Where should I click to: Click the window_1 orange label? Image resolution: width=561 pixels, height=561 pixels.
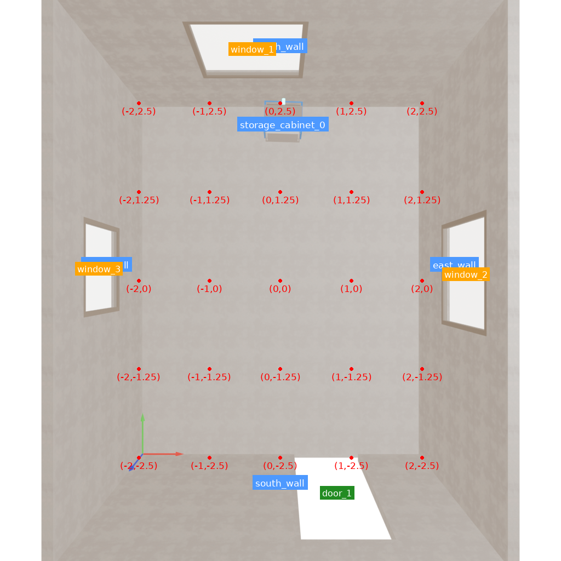point(252,49)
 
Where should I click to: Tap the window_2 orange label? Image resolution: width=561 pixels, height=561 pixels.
point(466,274)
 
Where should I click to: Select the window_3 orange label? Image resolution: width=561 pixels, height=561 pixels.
point(99,269)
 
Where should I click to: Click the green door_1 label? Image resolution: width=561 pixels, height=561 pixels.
point(337,493)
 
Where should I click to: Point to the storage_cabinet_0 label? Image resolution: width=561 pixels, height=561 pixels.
point(283,125)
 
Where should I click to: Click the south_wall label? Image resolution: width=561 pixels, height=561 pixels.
point(280,483)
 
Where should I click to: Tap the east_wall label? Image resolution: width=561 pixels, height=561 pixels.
point(454,264)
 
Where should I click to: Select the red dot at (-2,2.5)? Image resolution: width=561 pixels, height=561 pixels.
point(139,103)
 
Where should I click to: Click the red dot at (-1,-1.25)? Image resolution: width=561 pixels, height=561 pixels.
point(209,369)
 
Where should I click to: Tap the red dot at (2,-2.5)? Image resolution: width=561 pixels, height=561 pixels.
point(422,457)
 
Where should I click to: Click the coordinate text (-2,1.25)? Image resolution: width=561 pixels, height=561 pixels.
point(139,200)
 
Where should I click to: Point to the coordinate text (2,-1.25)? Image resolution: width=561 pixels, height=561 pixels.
point(422,377)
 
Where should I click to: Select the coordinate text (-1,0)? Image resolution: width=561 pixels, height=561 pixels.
point(209,289)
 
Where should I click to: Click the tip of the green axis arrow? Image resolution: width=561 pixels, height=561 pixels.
point(142,414)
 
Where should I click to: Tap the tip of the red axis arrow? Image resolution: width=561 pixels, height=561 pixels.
point(182,454)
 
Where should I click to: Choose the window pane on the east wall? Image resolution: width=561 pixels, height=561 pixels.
point(466,272)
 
